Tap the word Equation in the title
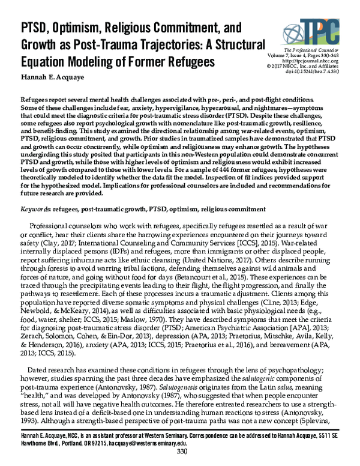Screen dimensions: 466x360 (x=44, y=61)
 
